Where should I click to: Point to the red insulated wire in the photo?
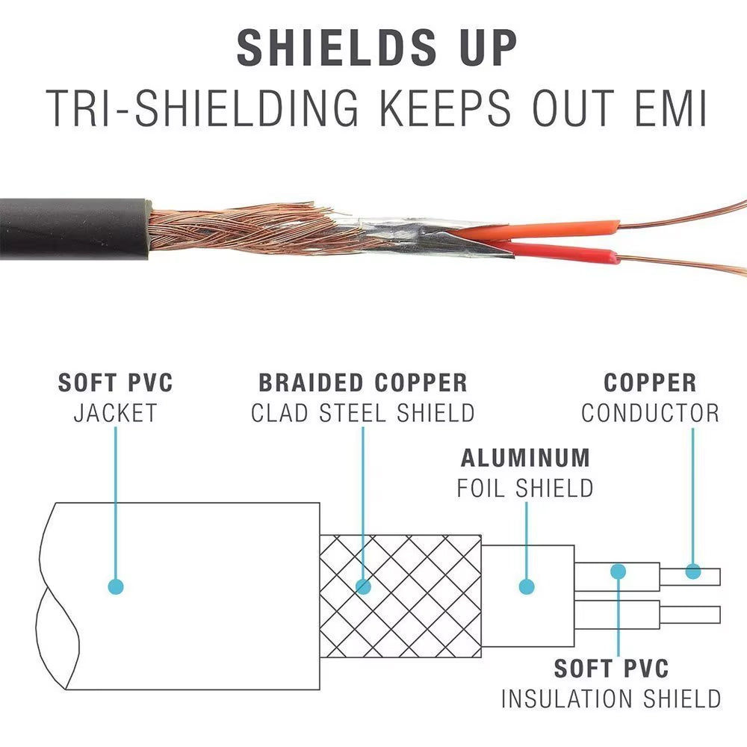[568, 254]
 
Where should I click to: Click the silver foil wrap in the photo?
[418, 235]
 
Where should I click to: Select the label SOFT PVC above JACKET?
[116, 383]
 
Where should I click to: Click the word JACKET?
[116, 412]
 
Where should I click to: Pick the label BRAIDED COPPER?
[363, 383]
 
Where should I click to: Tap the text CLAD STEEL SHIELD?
[363, 412]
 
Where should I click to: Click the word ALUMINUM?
[525, 458]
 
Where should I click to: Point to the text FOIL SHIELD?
[525, 488]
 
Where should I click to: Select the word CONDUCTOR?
[650, 412]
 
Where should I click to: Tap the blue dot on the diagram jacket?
[115, 586]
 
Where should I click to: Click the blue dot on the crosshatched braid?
[364, 586]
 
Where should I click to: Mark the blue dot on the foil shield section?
[527, 586]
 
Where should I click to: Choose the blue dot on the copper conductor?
[693, 572]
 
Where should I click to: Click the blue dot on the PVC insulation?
[618, 572]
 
